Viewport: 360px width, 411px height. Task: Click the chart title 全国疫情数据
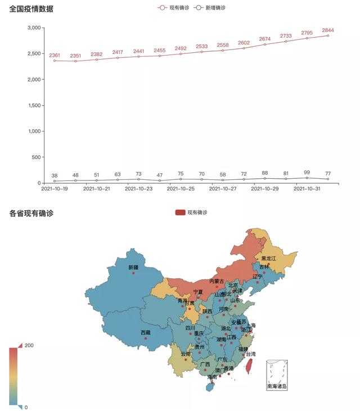tap(31, 8)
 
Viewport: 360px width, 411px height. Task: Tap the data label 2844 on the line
tap(328, 30)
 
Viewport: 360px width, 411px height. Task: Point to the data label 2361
tap(55, 55)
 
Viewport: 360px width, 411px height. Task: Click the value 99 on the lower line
tap(307, 172)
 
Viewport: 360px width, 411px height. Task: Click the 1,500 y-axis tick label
tap(34, 105)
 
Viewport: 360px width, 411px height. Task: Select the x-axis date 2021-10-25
tap(181, 189)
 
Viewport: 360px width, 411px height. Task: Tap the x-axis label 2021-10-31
tap(307, 189)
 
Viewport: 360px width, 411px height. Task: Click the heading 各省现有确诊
tap(31, 213)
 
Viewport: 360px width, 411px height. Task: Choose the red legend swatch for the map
tap(180, 212)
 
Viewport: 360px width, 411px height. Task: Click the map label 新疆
tap(133, 267)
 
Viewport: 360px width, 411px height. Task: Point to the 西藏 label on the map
tap(146, 332)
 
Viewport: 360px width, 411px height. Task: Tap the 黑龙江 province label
tap(268, 258)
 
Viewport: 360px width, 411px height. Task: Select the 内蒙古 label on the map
tap(217, 281)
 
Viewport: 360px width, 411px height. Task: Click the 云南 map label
tap(186, 354)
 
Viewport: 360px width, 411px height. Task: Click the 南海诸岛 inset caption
tap(277, 386)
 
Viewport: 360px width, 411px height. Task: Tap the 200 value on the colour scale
tap(29, 345)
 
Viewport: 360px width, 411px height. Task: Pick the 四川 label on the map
tap(190, 328)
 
